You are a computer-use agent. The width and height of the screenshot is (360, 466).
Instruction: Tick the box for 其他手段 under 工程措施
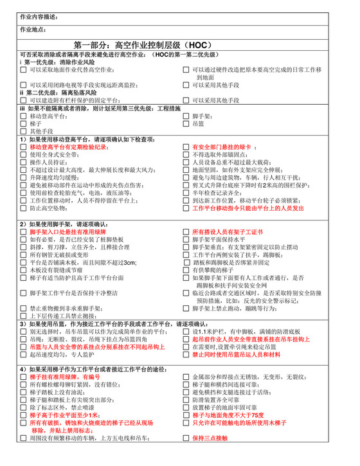(24, 130)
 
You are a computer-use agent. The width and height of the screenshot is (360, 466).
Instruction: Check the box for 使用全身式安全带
(24, 154)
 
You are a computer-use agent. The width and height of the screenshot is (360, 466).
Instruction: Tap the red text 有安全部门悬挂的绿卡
(221, 147)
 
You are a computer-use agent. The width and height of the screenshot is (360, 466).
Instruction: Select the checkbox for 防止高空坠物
(24, 208)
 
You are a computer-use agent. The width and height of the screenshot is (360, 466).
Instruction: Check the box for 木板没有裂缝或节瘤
(24, 270)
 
